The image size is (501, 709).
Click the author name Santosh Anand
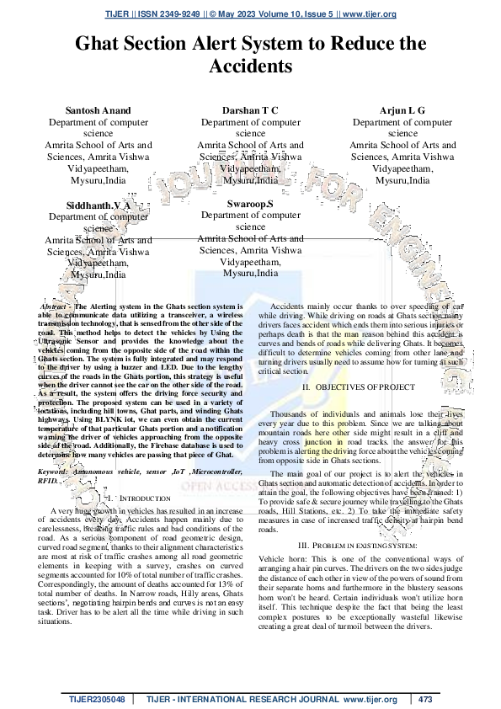(x=99, y=110)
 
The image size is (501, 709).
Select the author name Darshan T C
(x=250, y=110)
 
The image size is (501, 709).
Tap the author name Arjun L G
(x=402, y=110)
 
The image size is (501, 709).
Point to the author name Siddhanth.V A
(x=99, y=205)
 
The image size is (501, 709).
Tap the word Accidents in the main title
(x=250, y=66)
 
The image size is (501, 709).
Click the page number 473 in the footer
(x=424, y=699)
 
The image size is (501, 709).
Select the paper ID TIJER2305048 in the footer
(x=98, y=699)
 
